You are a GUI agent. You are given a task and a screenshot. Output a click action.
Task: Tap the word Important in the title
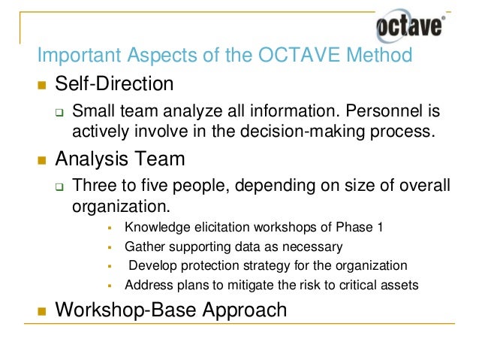[x=83, y=56]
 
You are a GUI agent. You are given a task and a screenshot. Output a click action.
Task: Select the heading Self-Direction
[x=115, y=83]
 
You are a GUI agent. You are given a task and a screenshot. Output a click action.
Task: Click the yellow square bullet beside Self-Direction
[x=42, y=83]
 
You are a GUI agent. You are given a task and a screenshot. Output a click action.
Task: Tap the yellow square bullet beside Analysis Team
[x=42, y=159]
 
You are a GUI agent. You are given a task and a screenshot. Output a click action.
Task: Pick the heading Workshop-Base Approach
[x=171, y=309]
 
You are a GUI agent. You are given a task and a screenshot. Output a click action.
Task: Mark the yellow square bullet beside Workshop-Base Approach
[x=42, y=310]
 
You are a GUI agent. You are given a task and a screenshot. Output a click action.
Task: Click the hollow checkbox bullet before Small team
[x=60, y=113]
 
